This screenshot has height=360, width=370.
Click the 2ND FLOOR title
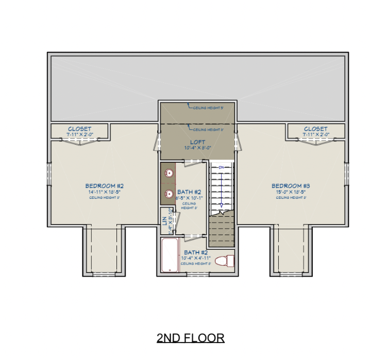191,338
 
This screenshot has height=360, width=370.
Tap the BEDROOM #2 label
104,186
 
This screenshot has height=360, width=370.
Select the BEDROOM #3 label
290,186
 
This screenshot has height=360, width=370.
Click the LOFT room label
197,142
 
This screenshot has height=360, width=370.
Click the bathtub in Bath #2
169,255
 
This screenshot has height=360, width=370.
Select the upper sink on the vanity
169,173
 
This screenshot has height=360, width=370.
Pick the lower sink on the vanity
169,194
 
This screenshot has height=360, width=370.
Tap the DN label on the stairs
221,167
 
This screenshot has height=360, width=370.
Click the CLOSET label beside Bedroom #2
79,129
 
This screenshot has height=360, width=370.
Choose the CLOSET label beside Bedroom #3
315,129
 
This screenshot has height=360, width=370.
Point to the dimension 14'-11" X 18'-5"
104,192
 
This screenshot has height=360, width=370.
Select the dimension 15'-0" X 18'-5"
290,192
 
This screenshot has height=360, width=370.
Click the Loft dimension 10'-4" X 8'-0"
197,148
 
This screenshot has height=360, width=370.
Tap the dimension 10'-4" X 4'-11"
195,259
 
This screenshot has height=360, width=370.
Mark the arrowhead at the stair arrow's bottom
221,206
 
